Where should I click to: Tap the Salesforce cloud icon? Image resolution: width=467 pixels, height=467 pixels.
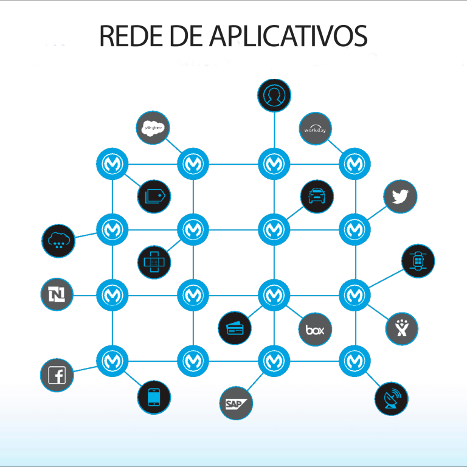(x=153, y=128)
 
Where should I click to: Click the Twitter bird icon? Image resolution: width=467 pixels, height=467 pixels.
(x=400, y=197)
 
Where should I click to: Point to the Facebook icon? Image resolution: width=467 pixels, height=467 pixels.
(x=57, y=375)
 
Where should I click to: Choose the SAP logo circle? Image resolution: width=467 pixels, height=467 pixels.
(x=235, y=403)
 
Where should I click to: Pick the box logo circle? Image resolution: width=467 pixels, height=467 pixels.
(x=315, y=330)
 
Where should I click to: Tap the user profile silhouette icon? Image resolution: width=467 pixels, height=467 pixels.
(x=274, y=95)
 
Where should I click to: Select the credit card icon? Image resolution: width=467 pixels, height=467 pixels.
(x=235, y=328)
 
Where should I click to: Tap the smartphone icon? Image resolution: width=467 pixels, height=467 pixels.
(x=154, y=398)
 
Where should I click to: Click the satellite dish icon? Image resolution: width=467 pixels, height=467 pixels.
(x=392, y=400)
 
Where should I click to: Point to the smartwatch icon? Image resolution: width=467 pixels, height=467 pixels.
(x=418, y=261)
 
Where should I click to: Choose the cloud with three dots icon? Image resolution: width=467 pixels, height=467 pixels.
(x=58, y=241)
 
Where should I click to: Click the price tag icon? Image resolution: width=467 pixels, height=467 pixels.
(x=154, y=196)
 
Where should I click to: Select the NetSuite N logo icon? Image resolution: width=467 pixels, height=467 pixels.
(x=57, y=295)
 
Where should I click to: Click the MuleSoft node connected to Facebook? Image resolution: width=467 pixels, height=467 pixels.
(x=112, y=361)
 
